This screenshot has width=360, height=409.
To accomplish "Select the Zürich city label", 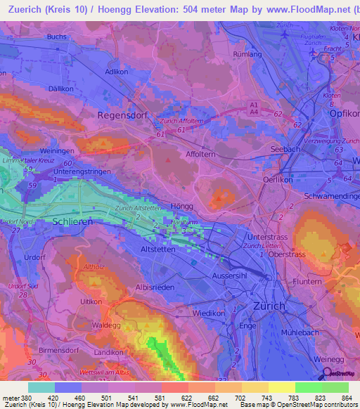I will pyautogui.click(x=269, y=306).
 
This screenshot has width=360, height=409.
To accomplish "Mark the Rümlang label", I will pyautogui.click(x=247, y=53).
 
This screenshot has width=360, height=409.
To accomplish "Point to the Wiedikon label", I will pyautogui.click(x=209, y=311).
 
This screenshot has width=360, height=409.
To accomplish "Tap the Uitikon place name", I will pyautogui.click(x=92, y=301).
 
